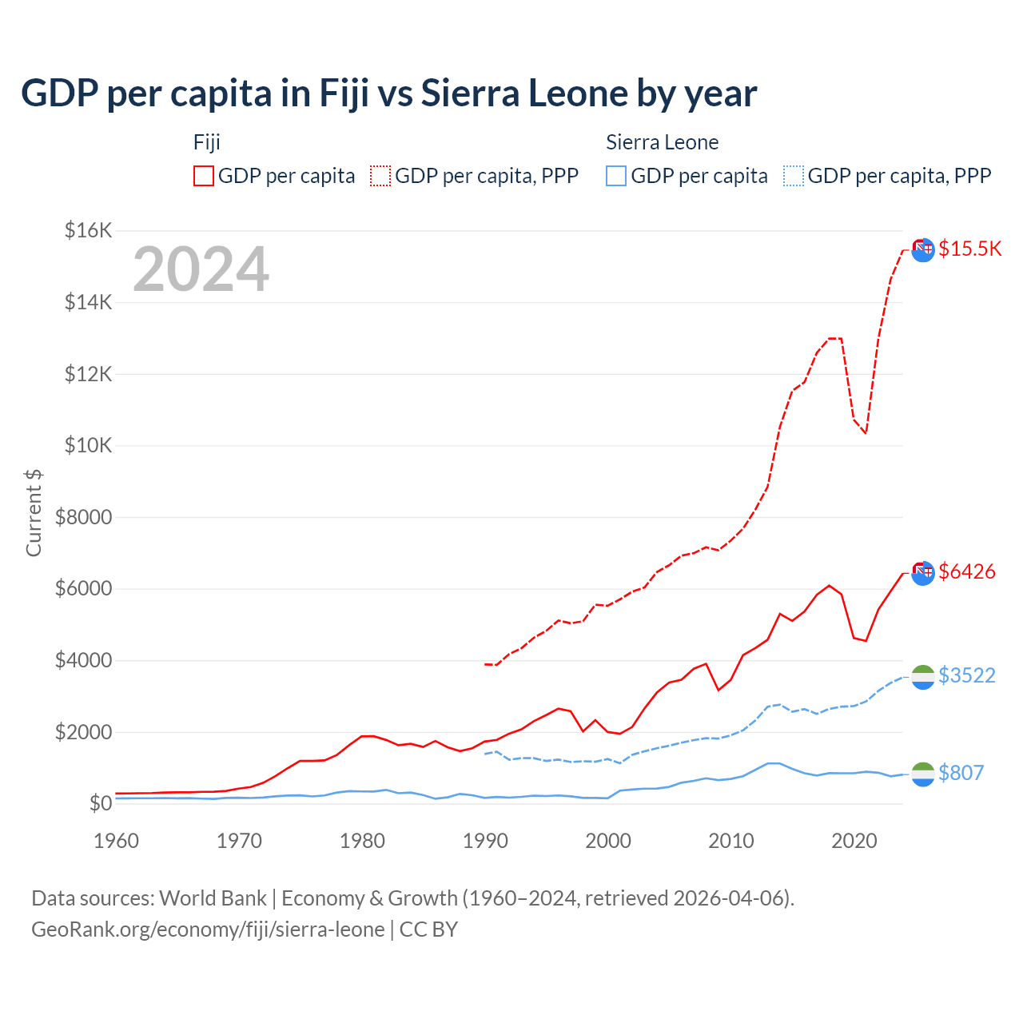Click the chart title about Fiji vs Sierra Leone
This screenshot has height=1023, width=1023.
pyautogui.click(x=388, y=94)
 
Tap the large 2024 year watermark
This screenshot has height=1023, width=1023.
pyautogui.click(x=201, y=269)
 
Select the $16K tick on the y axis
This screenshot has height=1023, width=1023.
pyautogui.click(x=88, y=231)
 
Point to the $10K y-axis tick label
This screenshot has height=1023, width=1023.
pyautogui.click(x=88, y=445)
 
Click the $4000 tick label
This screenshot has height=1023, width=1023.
pyautogui.click(x=83, y=660)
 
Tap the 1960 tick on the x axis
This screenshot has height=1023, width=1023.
pyautogui.click(x=117, y=841)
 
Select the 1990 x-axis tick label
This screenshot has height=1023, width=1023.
pyautogui.click(x=485, y=841)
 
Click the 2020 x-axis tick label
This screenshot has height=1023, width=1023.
pyautogui.click(x=854, y=841)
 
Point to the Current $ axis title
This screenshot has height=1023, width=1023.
pyautogui.click(x=34, y=513)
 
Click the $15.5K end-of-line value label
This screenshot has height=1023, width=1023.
pyautogui.click(x=969, y=249)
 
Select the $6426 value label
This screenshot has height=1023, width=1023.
pyautogui.click(x=966, y=571)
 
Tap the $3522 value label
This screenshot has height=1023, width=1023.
pyautogui.click(x=966, y=676)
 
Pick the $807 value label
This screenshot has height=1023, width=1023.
pyautogui.click(x=961, y=773)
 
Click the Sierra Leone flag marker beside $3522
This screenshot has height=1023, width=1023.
pyautogui.click(x=923, y=677)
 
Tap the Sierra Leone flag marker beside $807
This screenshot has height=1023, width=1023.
pyautogui.click(x=923, y=774)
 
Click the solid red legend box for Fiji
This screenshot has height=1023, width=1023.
pyautogui.click(x=204, y=176)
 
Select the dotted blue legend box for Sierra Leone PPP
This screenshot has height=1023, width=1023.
pyautogui.click(x=794, y=176)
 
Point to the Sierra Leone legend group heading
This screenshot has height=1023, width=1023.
pyautogui.click(x=662, y=142)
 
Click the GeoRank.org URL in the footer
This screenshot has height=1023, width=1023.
pyautogui.click(x=208, y=929)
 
